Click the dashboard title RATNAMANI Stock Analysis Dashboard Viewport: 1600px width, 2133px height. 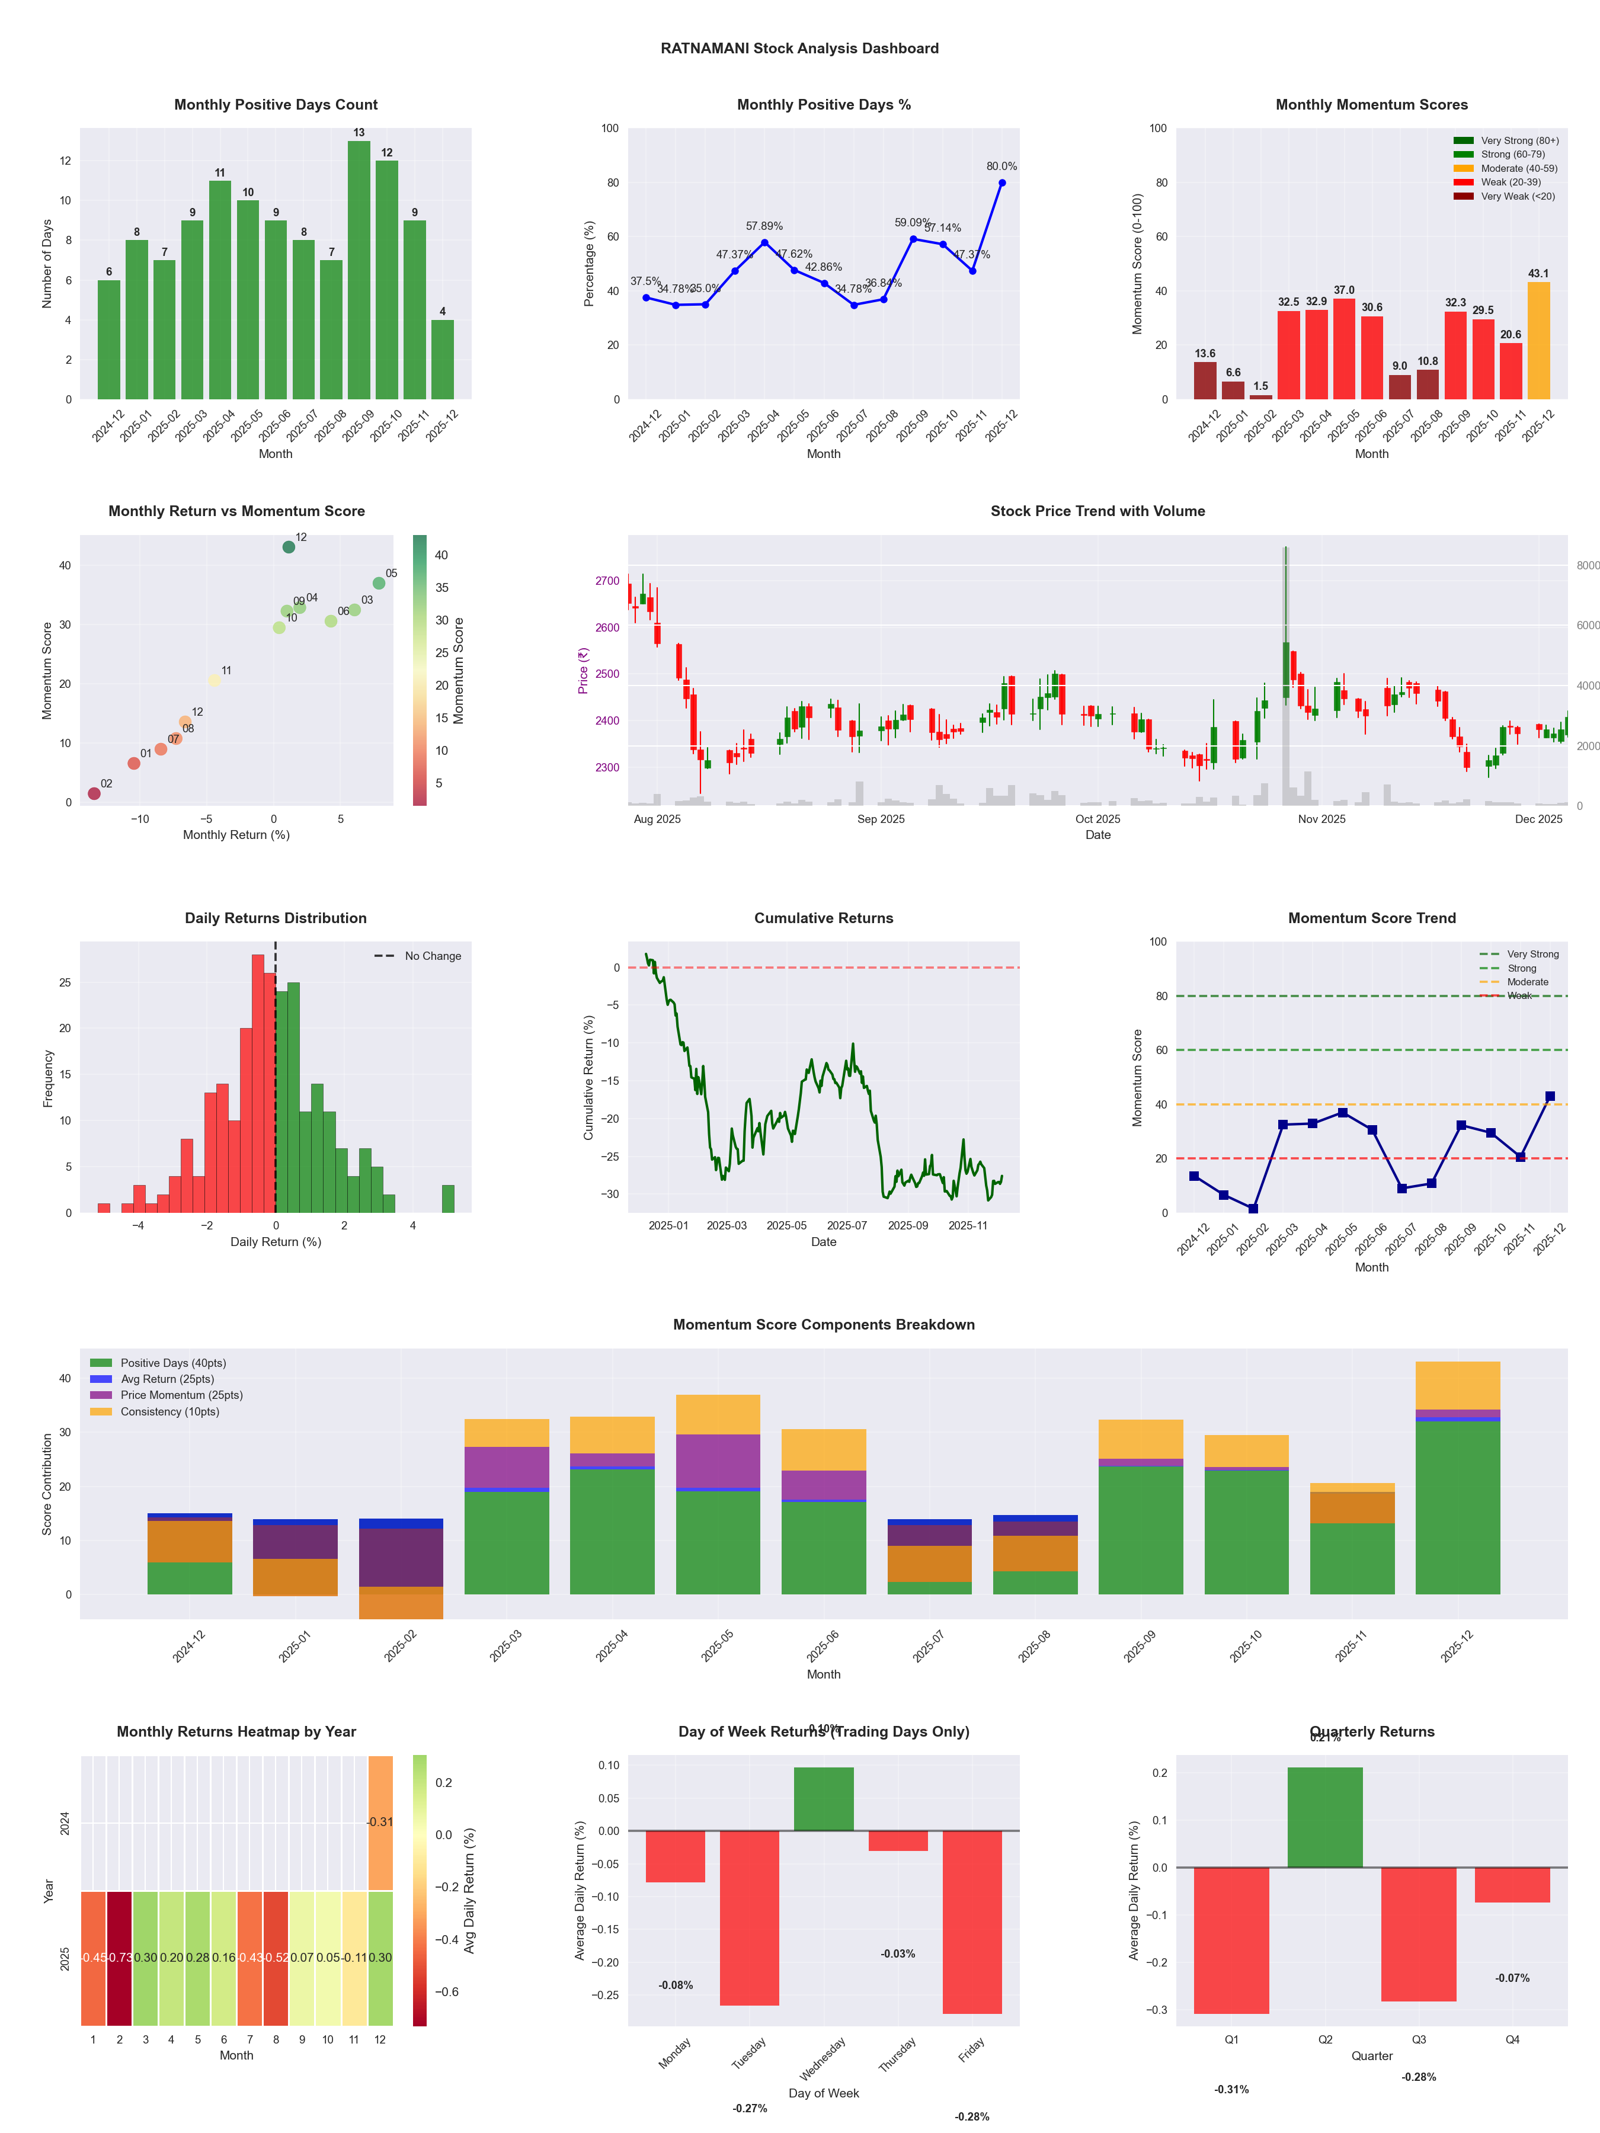[x=799, y=48]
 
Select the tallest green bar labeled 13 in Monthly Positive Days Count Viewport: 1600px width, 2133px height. [x=359, y=270]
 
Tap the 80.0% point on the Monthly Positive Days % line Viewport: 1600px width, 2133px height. [x=1002, y=182]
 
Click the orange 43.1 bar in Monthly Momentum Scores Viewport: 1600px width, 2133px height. [x=1538, y=341]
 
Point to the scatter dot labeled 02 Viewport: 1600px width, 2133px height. [x=94, y=793]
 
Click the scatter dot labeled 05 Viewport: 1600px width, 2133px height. [x=379, y=584]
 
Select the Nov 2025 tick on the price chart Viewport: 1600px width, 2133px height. [x=1321, y=819]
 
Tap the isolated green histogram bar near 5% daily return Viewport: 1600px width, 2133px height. [x=447, y=1199]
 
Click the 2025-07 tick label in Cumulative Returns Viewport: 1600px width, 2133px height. [x=847, y=1226]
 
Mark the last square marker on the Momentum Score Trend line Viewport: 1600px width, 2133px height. [x=1550, y=1096]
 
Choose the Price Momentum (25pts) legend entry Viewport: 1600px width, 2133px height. [x=181, y=1395]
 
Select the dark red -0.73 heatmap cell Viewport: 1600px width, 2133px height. [x=120, y=1958]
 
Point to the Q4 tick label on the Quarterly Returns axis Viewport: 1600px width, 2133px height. [x=1512, y=2039]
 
